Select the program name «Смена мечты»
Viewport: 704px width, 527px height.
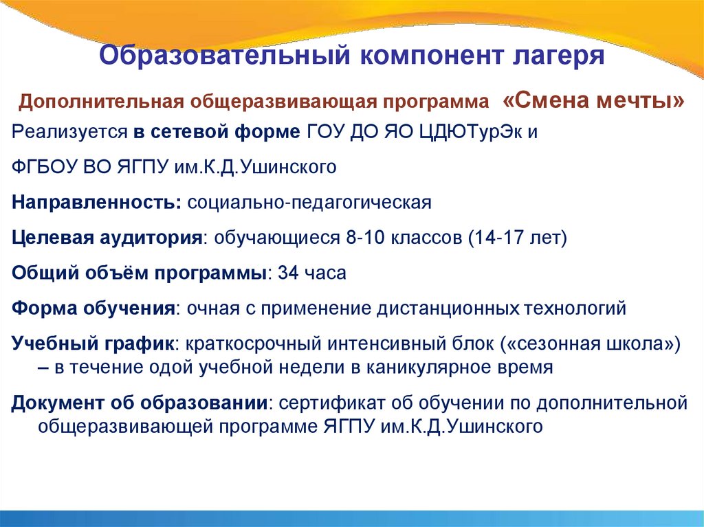[x=594, y=102]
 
